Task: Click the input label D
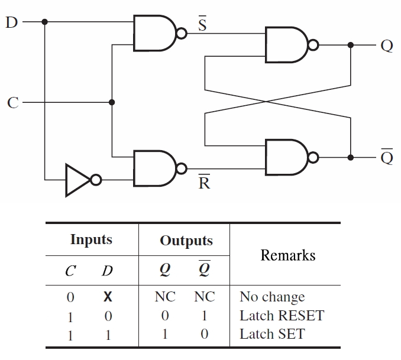point(11,22)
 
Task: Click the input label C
point(12,103)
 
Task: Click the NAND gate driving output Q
point(287,45)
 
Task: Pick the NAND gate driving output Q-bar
point(287,157)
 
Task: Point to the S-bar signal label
point(201,24)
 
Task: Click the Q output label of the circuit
point(387,46)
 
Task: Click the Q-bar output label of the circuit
point(387,157)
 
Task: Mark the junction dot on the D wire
point(44,22)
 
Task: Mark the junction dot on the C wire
point(112,102)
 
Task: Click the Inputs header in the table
point(91,239)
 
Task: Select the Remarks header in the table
point(288,255)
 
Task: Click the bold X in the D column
point(108,297)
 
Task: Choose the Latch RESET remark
point(282,316)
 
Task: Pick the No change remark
point(272,297)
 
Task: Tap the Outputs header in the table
point(186,241)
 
